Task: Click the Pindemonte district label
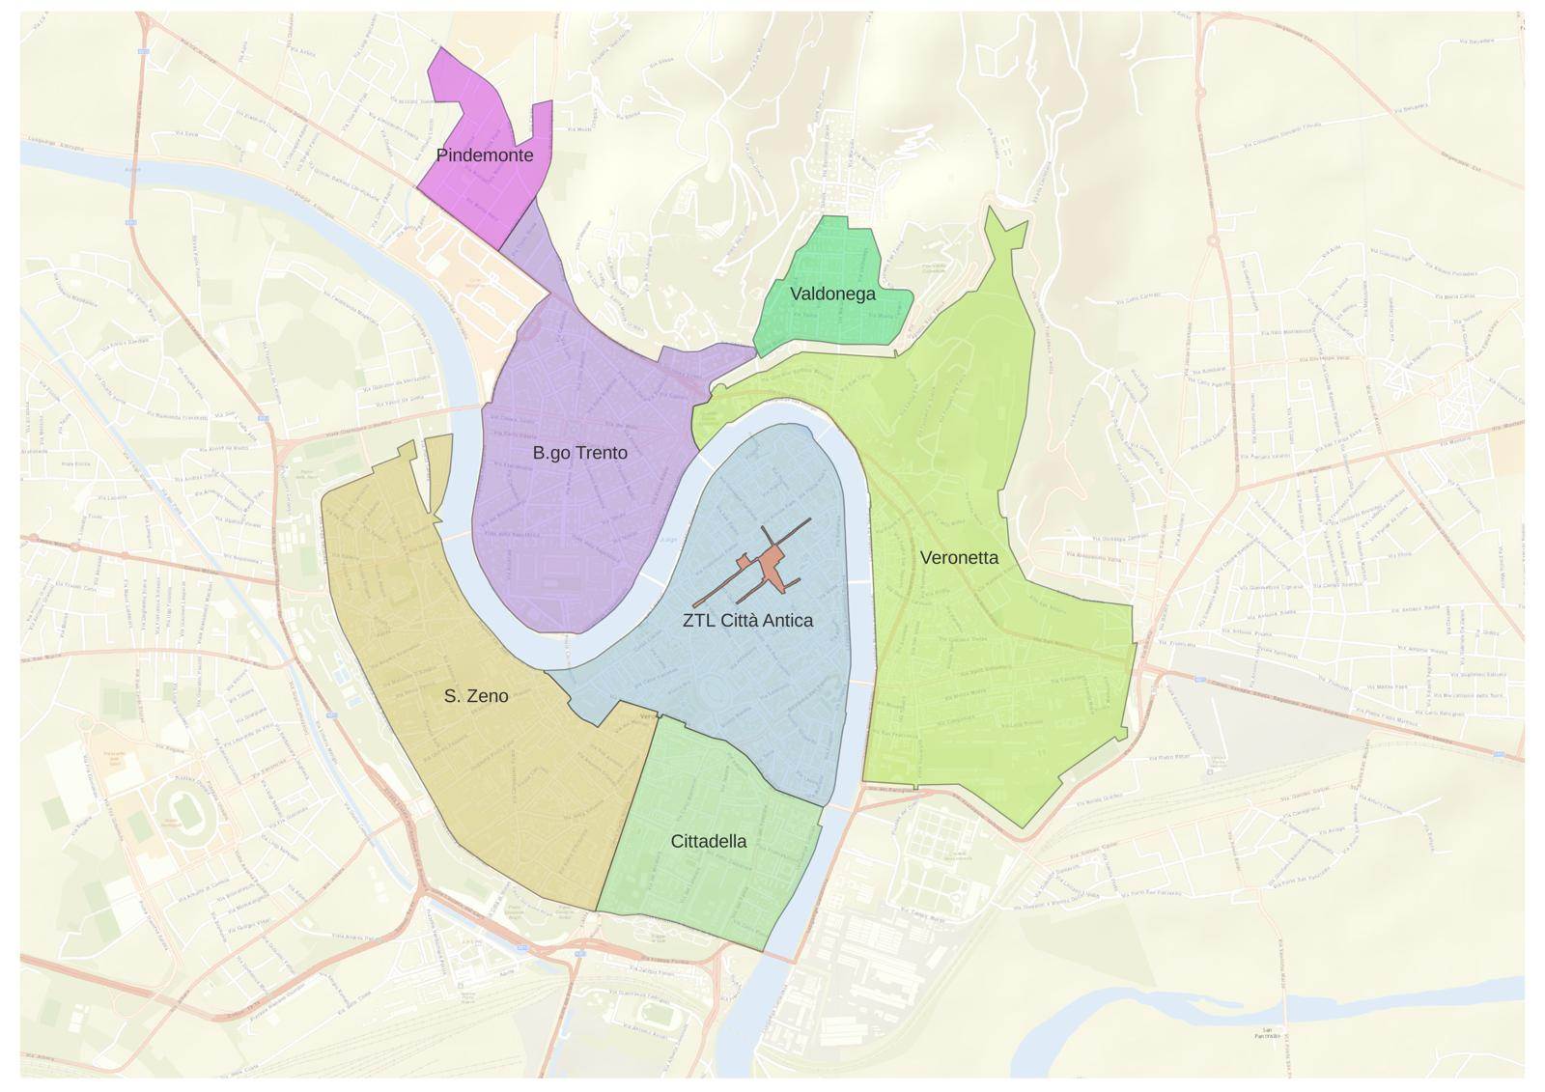point(484,154)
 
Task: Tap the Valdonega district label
point(832,294)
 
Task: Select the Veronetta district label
point(959,557)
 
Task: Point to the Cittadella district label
point(708,841)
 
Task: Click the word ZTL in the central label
point(699,621)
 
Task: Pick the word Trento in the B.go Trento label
point(600,453)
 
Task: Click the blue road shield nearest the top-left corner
point(144,51)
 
